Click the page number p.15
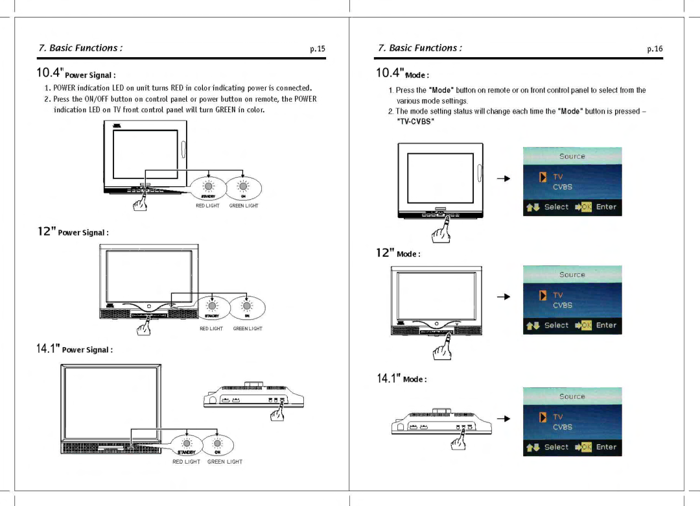click(317, 49)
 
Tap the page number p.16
click(655, 49)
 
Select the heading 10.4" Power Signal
click(76, 73)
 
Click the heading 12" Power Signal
click(72, 232)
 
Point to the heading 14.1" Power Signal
click(74, 349)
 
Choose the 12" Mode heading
click(398, 253)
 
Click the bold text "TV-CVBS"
click(415, 121)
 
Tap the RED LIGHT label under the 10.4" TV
click(207, 206)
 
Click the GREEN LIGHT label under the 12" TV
click(248, 329)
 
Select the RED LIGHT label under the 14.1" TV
click(186, 462)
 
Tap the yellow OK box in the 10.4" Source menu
click(586, 207)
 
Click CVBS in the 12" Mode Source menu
click(562, 305)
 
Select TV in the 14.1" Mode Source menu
click(557, 416)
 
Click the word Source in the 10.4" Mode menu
click(572, 156)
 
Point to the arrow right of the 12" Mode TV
click(504, 296)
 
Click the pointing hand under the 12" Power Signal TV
click(143, 326)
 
